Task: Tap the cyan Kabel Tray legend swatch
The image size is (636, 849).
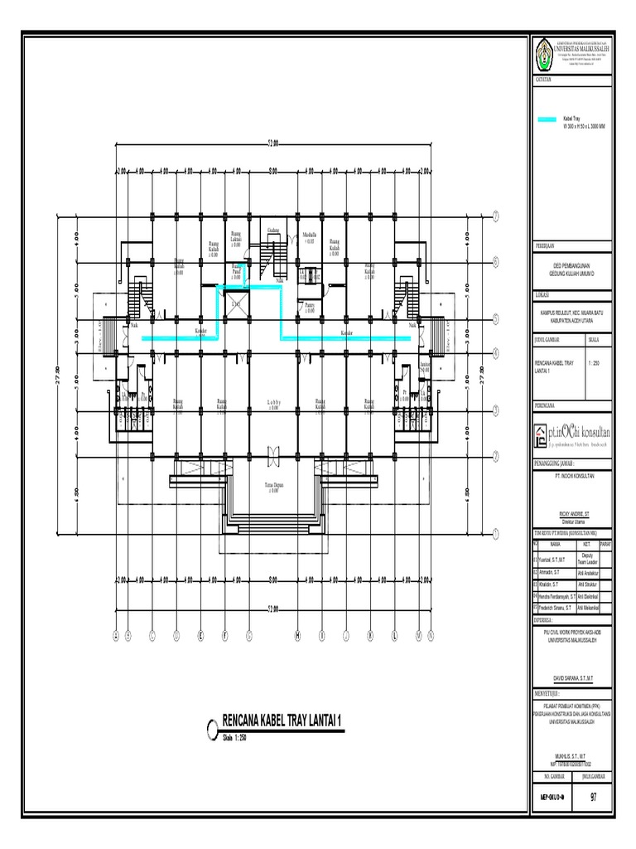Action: click(x=547, y=121)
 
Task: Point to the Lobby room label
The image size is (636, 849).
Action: click(x=273, y=404)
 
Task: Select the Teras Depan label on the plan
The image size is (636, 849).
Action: click(x=274, y=487)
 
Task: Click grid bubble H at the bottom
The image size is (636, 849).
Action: click(x=297, y=636)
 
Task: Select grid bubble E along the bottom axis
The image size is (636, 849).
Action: click(x=200, y=636)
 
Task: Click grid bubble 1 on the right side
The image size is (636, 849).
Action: click(x=495, y=531)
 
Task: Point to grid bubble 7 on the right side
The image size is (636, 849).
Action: click(x=495, y=217)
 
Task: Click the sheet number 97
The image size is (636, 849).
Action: click(x=594, y=798)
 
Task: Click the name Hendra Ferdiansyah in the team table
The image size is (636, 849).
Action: click(x=561, y=595)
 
